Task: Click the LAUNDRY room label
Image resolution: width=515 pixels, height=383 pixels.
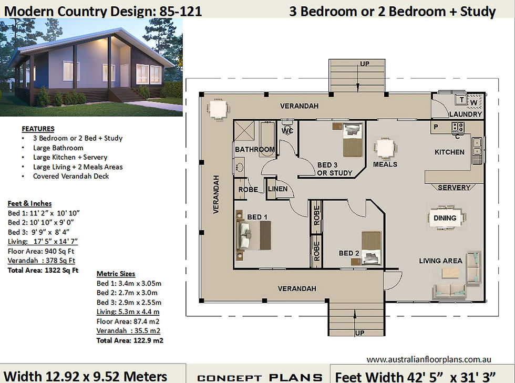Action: [x=466, y=115]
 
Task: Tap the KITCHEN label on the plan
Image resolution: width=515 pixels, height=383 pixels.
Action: [x=449, y=152]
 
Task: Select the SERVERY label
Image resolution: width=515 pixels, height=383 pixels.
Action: [x=454, y=188]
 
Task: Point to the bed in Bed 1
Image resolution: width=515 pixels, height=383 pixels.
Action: [x=253, y=235]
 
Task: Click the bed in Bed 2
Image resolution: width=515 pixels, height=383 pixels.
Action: [x=371, y=248]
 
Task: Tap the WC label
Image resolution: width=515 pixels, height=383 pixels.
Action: [x=287, y=131]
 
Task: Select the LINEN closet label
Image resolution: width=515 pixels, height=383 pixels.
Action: [x=277, y=189]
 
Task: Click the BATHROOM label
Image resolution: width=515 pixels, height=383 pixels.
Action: [x=255, y=149]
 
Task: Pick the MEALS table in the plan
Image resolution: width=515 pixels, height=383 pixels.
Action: [x=385, y=149]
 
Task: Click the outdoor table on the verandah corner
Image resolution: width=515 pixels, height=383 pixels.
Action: [x=218, y=109]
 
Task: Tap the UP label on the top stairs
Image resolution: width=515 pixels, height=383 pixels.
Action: [x=365, y=64]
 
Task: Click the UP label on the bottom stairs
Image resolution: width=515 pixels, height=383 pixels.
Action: [x=359, y=333]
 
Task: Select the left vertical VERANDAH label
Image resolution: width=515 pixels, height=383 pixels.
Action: [x=216, y=194]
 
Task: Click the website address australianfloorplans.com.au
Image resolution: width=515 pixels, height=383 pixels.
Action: [x=429, y=359]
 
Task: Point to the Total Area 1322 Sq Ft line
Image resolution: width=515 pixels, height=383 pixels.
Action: [x=43, y=271]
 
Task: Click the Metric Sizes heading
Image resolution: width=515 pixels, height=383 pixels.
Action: [x=116, y=274]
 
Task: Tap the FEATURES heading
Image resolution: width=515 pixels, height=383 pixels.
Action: [x=38, y=129]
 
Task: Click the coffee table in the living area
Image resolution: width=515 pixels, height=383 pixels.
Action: [x=451, y=273]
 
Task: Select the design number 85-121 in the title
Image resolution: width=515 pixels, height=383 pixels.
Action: [x=180, y=11]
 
